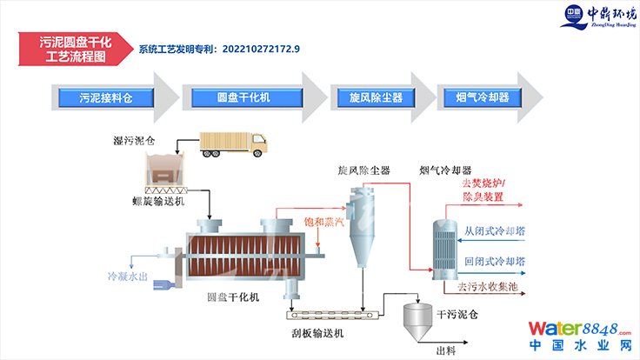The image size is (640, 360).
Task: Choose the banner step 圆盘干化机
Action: tap(243, 98)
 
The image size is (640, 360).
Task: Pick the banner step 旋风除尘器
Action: tap(376, 98)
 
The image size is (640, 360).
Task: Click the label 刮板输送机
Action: tap(318, 332)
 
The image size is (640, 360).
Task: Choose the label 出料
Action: tap(446, 350)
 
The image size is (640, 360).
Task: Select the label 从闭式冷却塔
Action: tap(493, 231)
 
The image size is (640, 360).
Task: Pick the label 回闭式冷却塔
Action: tap(493, 260)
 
